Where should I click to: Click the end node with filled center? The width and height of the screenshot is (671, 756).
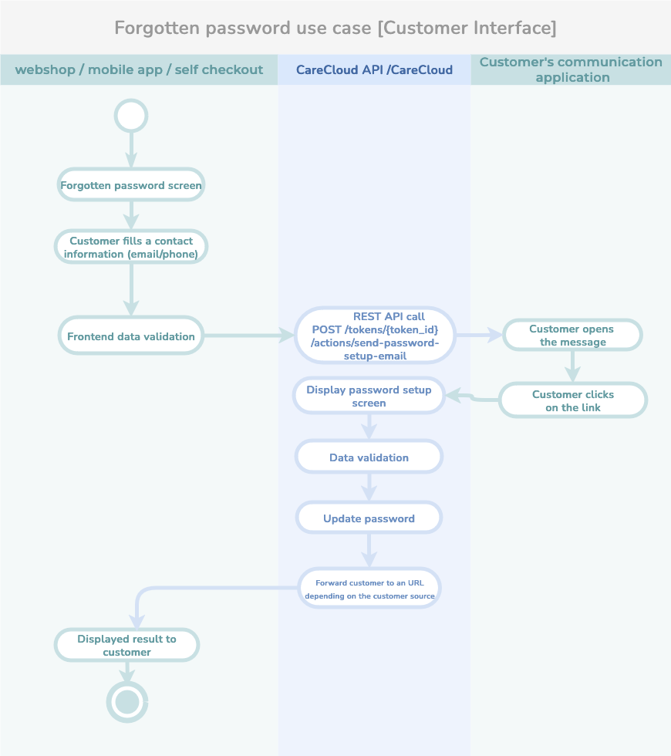(x=127, y=701)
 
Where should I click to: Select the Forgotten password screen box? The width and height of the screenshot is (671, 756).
(x=131, y=184)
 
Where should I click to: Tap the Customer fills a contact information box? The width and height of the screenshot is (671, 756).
(x=131, y=247)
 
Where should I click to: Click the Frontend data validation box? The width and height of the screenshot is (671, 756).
(x=131, y=336)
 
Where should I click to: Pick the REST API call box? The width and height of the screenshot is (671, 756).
(x=375, y=335)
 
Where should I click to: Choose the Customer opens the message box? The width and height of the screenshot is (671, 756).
(x=572, y=335)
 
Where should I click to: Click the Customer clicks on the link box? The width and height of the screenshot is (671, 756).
(x=573, y=400)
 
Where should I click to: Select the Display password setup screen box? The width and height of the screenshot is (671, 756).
(x=369, y=396)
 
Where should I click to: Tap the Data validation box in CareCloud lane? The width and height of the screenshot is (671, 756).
(x=369, y=457)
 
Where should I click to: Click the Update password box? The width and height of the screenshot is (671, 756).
(x=369, y=518)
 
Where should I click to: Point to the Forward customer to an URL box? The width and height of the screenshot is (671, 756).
(x=369, y=588)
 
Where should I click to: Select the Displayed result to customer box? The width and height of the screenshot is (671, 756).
(x=126, y=645)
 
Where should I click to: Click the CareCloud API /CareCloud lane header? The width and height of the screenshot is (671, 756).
(x=374, y=70)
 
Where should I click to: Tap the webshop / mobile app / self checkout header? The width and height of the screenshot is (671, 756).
(x=139, y=70)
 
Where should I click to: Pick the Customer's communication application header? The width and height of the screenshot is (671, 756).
(x=571, y=70)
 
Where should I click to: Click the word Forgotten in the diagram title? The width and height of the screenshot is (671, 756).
(x=157, y=28)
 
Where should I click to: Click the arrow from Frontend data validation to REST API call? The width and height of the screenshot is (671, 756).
(x=248, y=335)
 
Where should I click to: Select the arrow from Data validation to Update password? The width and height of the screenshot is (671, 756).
(x=369, y=488)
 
